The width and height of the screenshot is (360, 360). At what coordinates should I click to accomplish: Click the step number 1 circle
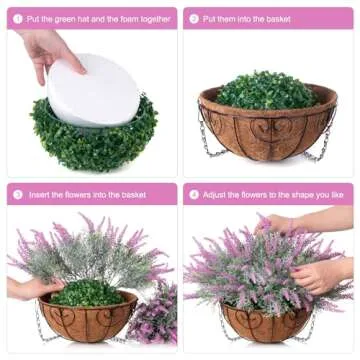[18, 18]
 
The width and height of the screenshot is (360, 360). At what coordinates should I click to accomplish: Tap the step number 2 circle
[193, 18]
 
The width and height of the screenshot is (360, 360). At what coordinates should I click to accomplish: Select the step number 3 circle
[18, 193]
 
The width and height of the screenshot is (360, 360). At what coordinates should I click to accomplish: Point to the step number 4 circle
[193, 193]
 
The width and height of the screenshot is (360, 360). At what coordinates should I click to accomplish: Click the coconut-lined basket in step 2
[267, 130]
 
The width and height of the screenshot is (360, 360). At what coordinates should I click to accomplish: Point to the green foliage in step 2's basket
[268, 90]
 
